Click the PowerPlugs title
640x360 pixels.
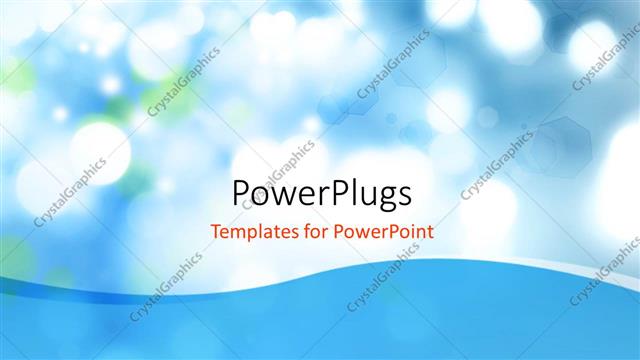(320, 192)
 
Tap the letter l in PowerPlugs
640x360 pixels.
(349, 190)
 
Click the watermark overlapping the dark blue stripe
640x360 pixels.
(165, 285)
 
